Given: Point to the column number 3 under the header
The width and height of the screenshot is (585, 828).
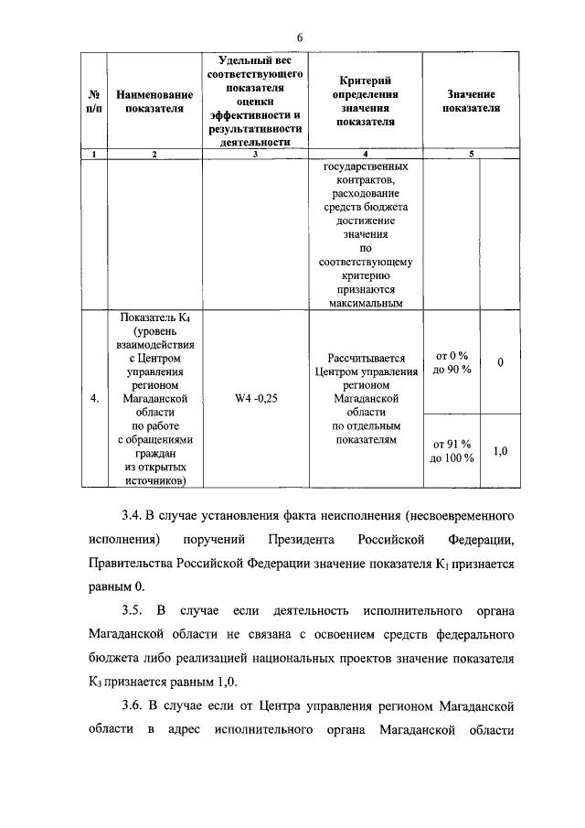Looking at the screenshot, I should pyautogui.click(x=255, y=154).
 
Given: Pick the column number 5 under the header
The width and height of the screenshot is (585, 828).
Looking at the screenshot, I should pyautogui.click(x=471, y=154).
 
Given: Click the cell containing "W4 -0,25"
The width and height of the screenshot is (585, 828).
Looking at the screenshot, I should pyautogui.click(x=255, y=399).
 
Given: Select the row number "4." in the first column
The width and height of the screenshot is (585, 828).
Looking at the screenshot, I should pyautogui.click(x=94, y=399).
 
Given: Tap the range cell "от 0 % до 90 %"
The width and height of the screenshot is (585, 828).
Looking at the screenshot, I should pyautogui.click(x=452, y=362).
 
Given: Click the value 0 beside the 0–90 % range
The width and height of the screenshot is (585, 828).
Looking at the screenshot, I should pyautogui.click(x=500, y=363).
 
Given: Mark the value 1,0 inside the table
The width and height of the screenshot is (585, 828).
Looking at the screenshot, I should pyautogui.click(x=500, y=451).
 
